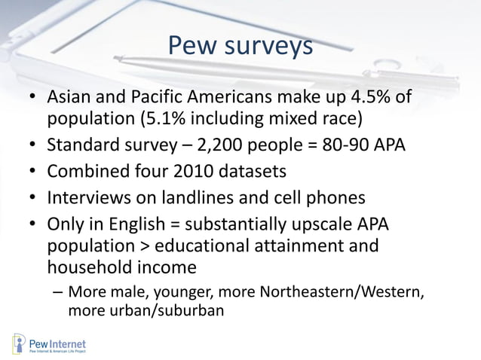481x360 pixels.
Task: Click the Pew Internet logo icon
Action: pyautogui.click(x=20, y=343)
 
